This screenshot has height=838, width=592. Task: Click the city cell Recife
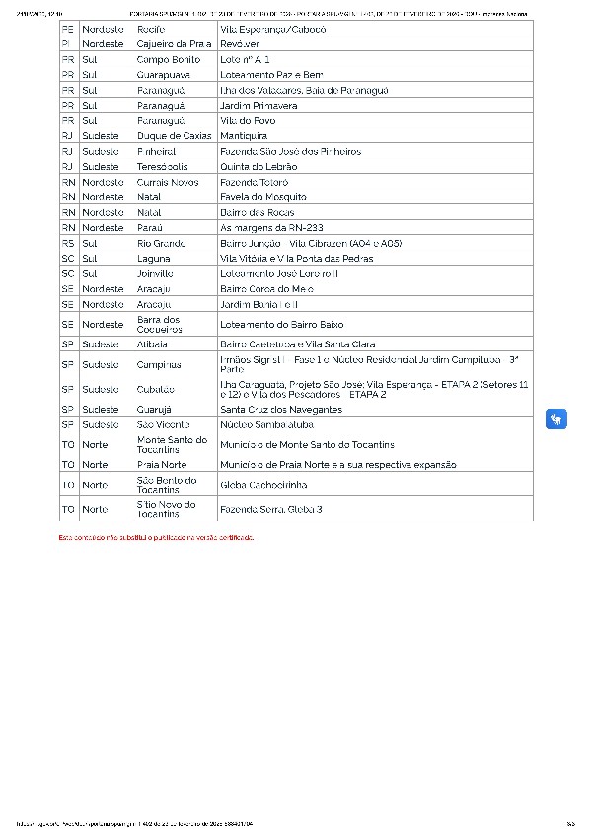tap(150, 30)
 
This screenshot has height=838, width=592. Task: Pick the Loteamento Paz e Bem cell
tap(271, 75)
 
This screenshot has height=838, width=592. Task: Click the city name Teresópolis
tap(163, 167)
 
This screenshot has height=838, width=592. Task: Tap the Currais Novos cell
tap(168, 183)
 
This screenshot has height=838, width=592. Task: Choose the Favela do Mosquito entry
tap(263, 197)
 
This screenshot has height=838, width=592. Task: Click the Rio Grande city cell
tap(162, 243)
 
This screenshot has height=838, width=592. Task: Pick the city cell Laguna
tap(153, 258)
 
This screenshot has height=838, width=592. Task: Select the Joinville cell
tap(155, 273)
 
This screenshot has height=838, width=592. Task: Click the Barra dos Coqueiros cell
tap(159, 324)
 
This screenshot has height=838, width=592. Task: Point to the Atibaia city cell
tap(152, 344)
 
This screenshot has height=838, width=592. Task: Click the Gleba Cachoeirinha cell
tap(263, 485)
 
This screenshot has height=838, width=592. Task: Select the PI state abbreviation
tap(65, 44)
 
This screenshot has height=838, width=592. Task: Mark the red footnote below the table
tap(156, 537)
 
